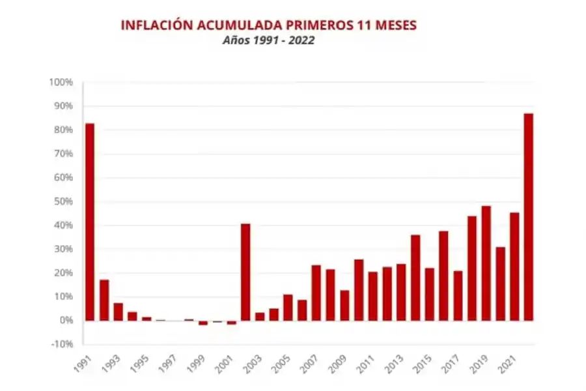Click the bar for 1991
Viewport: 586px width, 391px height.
point(90,222)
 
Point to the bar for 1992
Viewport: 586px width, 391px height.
point(104,300)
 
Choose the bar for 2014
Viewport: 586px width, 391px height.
point(415,278)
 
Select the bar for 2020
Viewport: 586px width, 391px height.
point(500,283)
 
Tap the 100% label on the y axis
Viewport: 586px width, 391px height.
point(61,83)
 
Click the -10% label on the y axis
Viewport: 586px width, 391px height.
point(62,344)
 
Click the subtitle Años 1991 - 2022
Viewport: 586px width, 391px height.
point(269,40)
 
